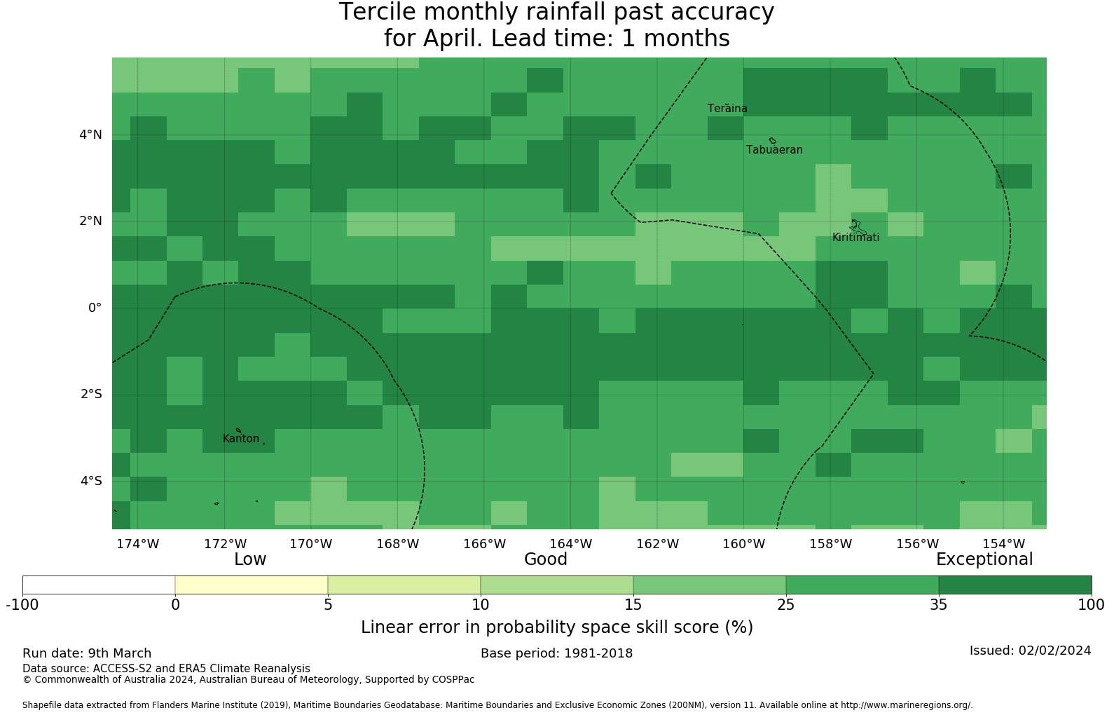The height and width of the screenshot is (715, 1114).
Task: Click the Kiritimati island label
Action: point(855,238)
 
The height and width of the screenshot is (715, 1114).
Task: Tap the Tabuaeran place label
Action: point(774,150)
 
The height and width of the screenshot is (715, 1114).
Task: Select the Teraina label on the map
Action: point(727,109)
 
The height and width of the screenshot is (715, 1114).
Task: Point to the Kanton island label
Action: point(241,439)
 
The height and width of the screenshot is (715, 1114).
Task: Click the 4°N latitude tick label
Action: point(90,135)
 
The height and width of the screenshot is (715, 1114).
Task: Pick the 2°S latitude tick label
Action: point(91,394)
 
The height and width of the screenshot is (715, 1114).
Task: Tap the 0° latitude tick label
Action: point(95,308)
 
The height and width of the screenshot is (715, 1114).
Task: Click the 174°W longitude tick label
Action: point(137,544)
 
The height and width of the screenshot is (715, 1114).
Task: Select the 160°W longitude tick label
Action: point(743,544)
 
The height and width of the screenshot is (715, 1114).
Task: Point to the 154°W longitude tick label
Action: point(1003,544)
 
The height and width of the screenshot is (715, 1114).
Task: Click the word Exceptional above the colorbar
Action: point(984,559)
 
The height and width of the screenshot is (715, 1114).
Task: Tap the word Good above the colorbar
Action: point(546,559)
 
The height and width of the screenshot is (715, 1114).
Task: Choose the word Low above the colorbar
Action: point(250,559)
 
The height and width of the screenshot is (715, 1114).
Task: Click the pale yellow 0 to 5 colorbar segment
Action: point(252,585)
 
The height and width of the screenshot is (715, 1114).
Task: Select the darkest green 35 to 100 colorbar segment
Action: point(1015,585)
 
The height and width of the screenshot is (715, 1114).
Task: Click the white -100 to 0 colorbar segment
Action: point(99,585)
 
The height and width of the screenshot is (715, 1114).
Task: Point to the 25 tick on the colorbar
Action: point(786,604)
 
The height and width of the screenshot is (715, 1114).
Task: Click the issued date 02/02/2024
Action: point(1054,651)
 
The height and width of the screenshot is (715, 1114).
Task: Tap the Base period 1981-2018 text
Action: point(556,653)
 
